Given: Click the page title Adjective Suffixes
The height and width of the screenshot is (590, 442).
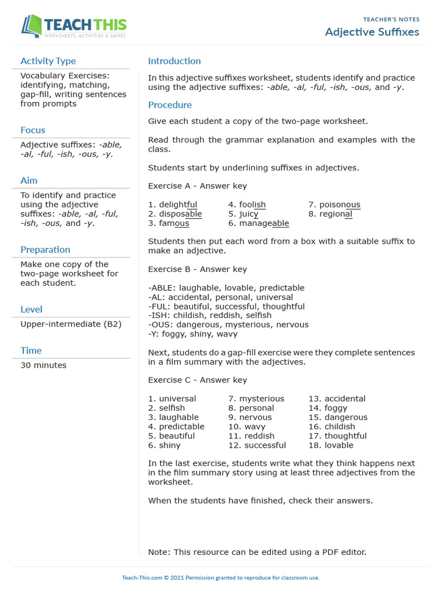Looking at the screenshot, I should (372, 32).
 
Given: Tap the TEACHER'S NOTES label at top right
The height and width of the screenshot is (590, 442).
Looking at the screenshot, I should (391, 20).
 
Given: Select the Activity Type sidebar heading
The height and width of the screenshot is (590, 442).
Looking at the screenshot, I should (48, 61).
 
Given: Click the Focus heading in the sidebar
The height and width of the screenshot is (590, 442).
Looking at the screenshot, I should (33, 130).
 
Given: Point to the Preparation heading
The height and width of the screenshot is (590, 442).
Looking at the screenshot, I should (45, 249).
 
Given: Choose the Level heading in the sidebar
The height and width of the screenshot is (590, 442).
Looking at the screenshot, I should (31, 309).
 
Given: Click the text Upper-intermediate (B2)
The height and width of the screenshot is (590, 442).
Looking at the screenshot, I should (71, 324).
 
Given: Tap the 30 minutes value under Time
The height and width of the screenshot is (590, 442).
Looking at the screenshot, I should (43, 365).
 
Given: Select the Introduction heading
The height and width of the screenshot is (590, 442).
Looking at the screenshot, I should (174, 61).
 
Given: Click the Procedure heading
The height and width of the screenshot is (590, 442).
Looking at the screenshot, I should (170, 105).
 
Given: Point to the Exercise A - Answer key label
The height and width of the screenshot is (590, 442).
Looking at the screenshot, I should (197, 186).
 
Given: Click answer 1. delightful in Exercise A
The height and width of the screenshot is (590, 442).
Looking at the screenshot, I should (173, 205).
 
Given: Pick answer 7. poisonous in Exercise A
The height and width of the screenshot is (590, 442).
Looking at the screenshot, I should (334, 205).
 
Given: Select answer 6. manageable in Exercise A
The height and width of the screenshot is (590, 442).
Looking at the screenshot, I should (258, 223).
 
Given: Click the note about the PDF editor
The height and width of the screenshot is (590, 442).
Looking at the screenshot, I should (257, 552).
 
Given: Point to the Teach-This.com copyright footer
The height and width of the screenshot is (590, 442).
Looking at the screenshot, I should (220, 577).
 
